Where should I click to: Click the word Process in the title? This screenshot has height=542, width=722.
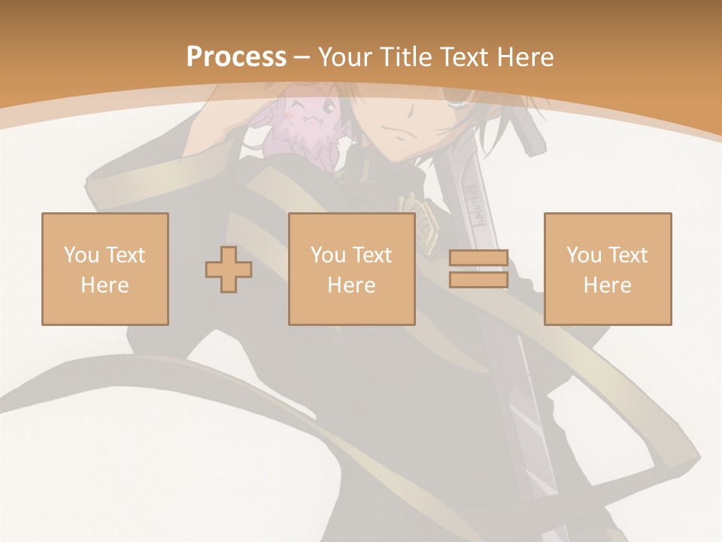236,57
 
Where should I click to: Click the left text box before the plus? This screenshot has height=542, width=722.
105,269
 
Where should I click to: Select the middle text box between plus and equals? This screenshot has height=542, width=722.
351,269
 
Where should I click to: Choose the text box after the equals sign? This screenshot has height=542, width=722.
608,269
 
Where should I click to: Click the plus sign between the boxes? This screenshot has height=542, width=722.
229,269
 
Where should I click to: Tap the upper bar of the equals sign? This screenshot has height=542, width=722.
478,257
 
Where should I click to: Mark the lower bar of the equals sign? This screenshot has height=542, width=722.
478,280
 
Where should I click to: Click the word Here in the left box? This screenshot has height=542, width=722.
105,285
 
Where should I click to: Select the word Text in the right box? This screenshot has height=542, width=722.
629,255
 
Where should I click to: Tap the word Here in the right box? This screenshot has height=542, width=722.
608,285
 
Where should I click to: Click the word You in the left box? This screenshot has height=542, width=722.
81,255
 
